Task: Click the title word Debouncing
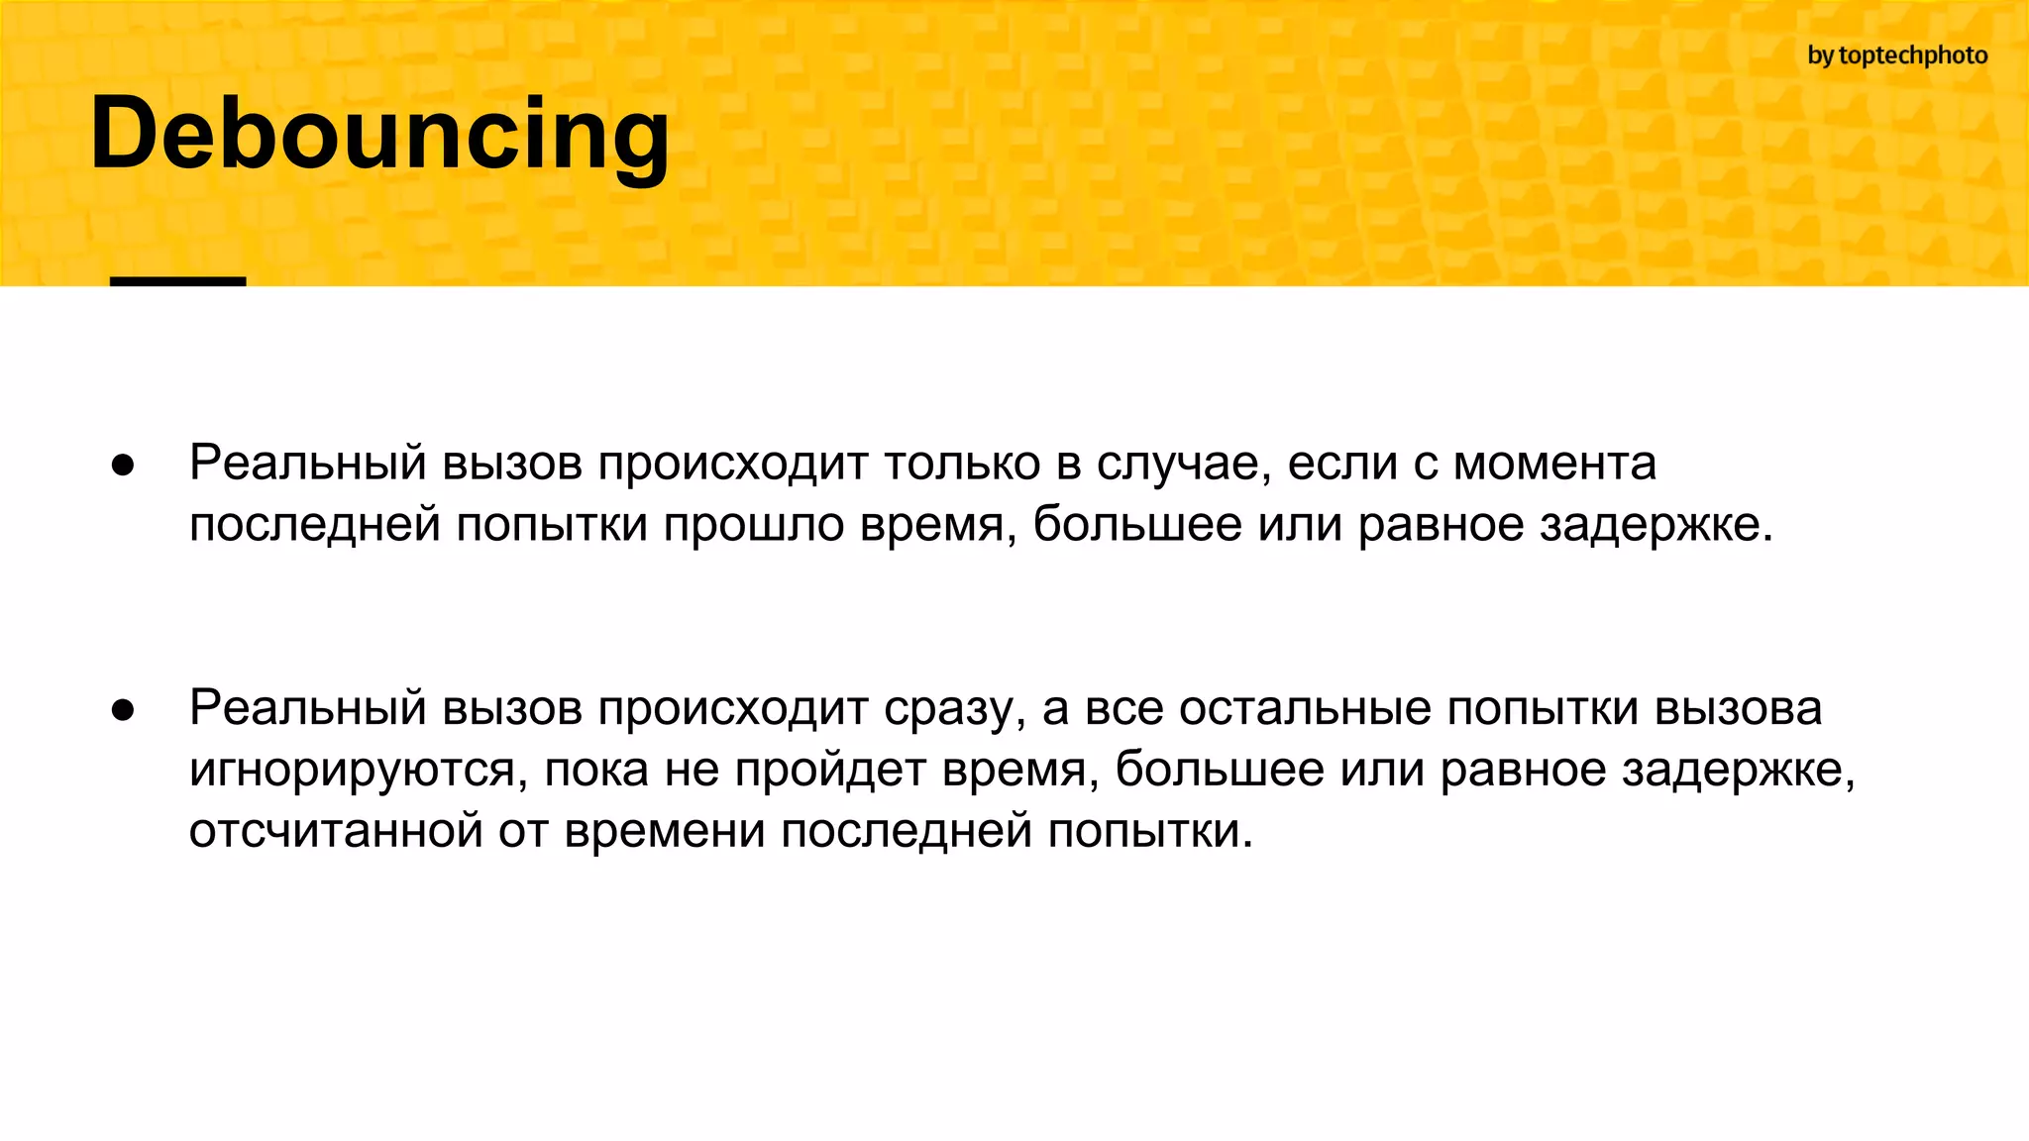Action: click(379, 134)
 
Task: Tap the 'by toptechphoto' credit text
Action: click(1897, 55)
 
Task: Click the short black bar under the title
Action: click(177, 281)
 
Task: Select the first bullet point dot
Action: click(123, 466)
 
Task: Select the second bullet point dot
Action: click(123, 710)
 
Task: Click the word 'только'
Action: click(962, 464)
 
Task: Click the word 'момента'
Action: click(1554, 464)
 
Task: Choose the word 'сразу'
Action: click(954, 709)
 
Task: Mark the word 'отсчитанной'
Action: click(335, 831)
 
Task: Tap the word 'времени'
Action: click(665, 831)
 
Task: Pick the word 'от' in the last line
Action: click(523, 831)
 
